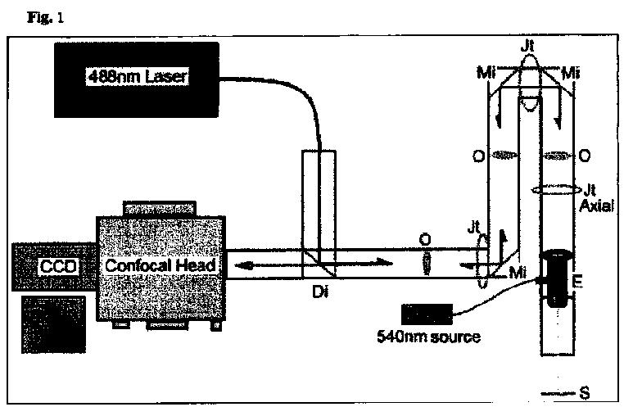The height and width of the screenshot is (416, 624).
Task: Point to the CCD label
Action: point(58,267)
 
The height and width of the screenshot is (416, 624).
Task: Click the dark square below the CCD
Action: point(54,323)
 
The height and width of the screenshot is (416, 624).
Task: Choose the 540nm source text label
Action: point(428,337)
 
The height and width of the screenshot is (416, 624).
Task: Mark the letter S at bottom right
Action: point(584,394)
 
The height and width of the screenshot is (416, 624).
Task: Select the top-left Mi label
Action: point(485,75)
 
